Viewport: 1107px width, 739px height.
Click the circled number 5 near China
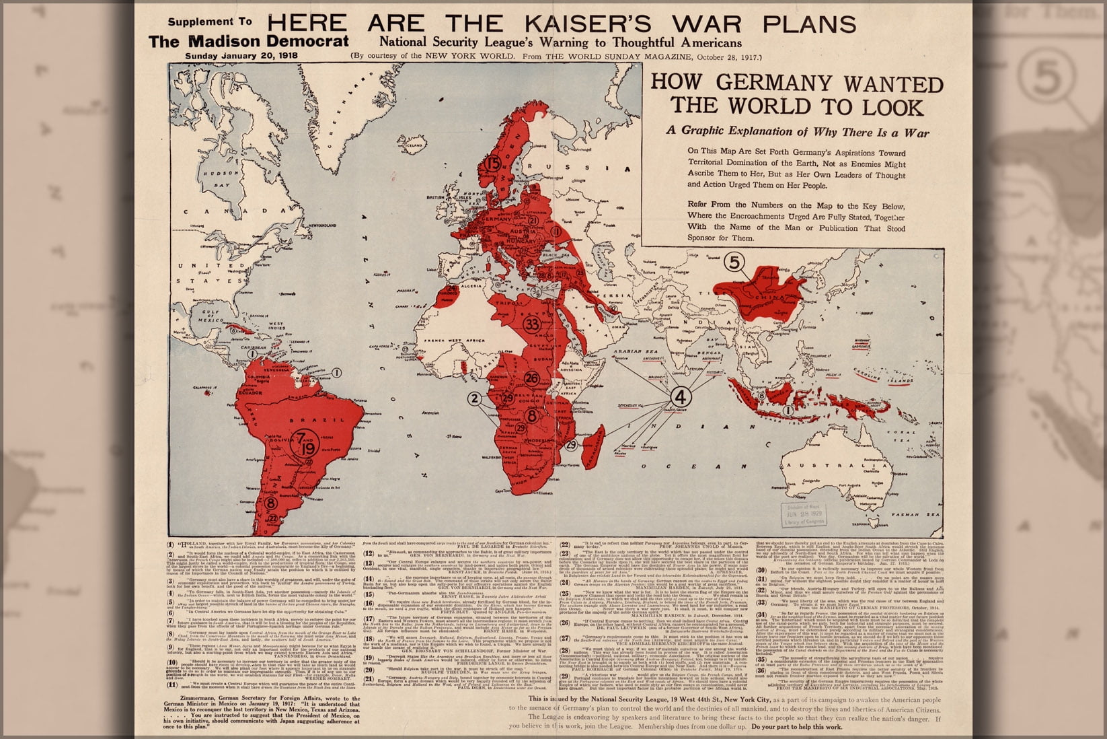point(734,263)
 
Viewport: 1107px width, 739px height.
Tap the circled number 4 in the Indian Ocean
point(681,397)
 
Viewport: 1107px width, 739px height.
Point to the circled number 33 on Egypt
point(532,324)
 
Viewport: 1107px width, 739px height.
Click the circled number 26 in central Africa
point(532,378)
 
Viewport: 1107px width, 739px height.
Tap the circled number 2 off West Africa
point(475,398)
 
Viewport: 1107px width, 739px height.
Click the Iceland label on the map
point(415,145)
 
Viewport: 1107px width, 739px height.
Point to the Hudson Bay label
point(217,177)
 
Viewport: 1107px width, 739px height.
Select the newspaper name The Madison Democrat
point(249,41)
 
